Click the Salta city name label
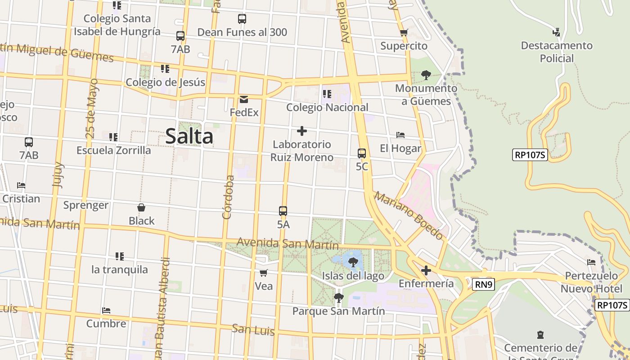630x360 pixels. point(189,136)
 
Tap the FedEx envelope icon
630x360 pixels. point(244,99)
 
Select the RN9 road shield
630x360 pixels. point(484,284)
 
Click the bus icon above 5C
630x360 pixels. point(362,153)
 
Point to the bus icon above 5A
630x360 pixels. point(283,211)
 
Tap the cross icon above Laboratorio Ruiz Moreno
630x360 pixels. point(302,131)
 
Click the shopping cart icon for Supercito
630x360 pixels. point(404,32)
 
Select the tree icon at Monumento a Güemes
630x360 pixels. point(426,75)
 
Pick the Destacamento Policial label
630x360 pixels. point(557,52)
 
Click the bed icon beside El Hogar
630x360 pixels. point(400,135)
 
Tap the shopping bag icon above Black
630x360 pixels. point(141,207)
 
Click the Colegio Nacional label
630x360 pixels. point(327,108)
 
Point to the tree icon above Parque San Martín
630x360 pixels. point(338,297)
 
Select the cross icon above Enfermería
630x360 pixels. point(426,270)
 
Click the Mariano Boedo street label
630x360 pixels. point(409,216)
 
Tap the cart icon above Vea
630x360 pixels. point(264,273)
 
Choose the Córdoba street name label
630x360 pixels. point(229,197)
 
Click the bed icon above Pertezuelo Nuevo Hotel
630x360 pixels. point(591,262)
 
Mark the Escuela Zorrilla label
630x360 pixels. point(113,150)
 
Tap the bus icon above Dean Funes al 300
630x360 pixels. point(242,19)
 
